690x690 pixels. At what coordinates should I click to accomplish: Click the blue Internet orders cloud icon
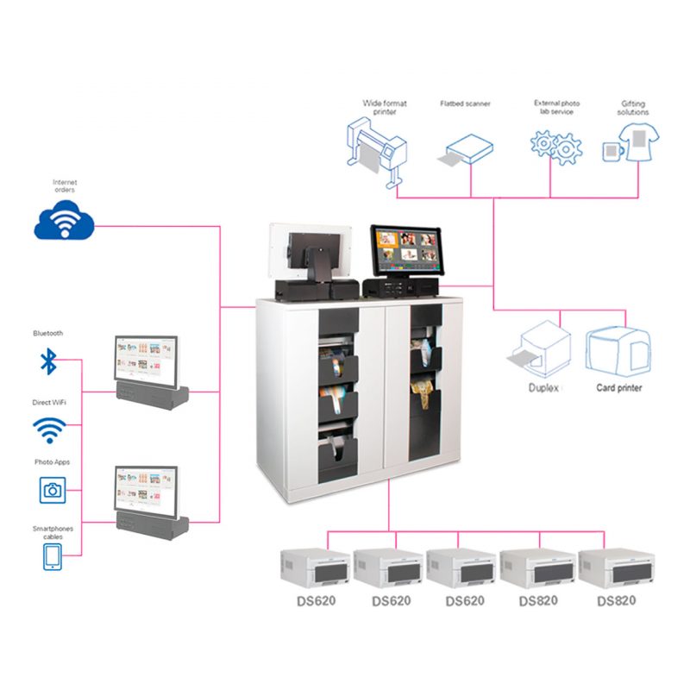64,222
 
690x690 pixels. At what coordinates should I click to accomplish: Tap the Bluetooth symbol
48,361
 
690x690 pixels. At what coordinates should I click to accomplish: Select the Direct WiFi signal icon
49,429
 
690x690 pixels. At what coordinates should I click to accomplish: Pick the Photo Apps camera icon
53,490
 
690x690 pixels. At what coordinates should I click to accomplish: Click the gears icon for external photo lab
555,147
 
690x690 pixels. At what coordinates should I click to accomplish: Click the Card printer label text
619,388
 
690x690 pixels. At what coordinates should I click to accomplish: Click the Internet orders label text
65,186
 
